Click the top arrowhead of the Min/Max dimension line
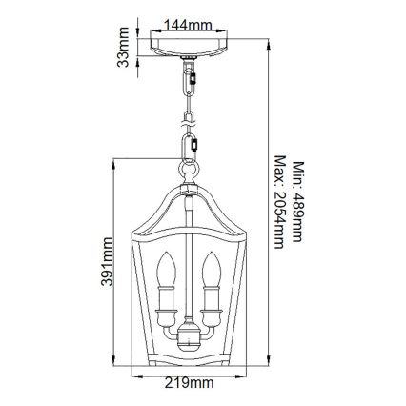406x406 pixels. click(270, 40)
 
